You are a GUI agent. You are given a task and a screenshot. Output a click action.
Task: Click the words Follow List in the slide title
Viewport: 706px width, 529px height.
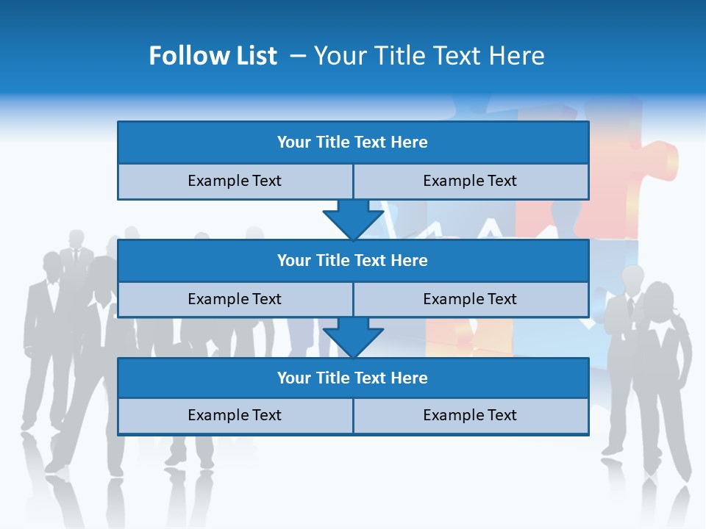click(213, 56)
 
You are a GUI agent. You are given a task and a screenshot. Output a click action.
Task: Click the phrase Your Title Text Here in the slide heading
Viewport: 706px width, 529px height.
click(429, 56)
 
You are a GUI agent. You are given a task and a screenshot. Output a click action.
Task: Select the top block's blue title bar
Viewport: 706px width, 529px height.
click(353, 143)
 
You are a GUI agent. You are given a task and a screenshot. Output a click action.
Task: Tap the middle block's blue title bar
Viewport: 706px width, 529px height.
click(353, 260)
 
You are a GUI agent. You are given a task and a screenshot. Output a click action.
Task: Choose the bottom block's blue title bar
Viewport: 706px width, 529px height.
click(353, 378)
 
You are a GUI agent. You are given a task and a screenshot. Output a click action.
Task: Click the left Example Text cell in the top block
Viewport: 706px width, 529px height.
click(235, 181)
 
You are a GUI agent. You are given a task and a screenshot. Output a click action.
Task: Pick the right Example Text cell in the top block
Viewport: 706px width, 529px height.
click(470, 181)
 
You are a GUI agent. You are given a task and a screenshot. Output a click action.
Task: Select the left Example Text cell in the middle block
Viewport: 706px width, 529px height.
click(235, 299)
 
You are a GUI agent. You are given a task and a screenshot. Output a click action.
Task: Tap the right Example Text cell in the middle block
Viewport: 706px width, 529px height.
click(470, 299)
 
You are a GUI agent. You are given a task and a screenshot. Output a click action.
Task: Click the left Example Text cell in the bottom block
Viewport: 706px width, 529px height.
click(235, 415)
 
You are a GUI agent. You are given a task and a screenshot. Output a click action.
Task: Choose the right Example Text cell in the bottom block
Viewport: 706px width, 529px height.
click(470, 415)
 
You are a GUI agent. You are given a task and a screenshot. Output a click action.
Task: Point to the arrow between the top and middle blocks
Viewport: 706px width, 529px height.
click(353, 219)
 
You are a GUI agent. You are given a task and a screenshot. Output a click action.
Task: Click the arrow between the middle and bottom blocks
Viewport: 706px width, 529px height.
click(353, 337)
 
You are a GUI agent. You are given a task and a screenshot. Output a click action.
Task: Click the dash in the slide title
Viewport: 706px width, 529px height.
click(298, 56)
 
